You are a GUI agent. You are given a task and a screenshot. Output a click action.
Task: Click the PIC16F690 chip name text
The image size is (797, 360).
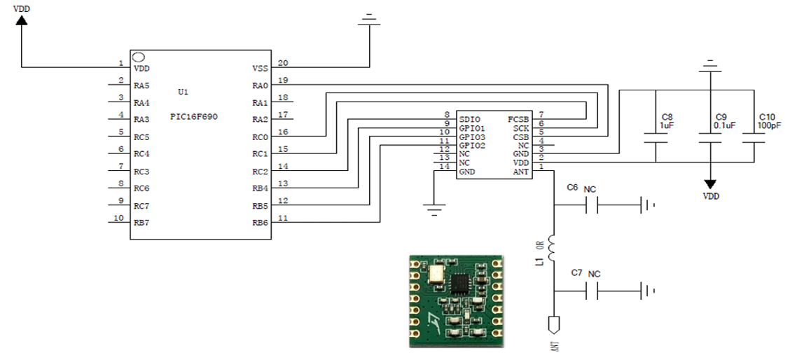tap(194, 116)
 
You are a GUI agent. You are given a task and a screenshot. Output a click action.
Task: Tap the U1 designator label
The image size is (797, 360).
tap(183, 92)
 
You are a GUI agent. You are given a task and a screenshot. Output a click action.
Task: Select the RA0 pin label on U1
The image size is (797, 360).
tap(260, 85)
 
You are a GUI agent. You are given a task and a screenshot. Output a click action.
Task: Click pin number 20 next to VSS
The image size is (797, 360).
tap(283, 63)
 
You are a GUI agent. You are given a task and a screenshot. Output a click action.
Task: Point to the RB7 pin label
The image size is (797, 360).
tap(141, 223)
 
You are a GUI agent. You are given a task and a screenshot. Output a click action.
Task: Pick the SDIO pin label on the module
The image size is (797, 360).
tap(470, 120)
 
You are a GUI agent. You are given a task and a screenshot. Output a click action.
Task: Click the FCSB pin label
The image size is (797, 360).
tap(518, 120)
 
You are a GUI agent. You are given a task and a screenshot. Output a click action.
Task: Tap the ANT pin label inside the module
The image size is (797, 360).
tap(521, 172)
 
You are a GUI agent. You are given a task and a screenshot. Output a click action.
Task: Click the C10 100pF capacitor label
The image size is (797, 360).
tap(766, 120)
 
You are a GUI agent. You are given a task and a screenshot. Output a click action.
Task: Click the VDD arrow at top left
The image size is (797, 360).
tap(21, 20)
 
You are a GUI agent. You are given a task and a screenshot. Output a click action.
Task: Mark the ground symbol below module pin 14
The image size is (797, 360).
tap(434, 209)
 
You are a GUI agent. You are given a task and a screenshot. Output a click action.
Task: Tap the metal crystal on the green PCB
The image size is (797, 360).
tap(436, 275)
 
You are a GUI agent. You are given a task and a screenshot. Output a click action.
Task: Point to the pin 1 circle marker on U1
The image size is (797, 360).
tap(139, 56)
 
